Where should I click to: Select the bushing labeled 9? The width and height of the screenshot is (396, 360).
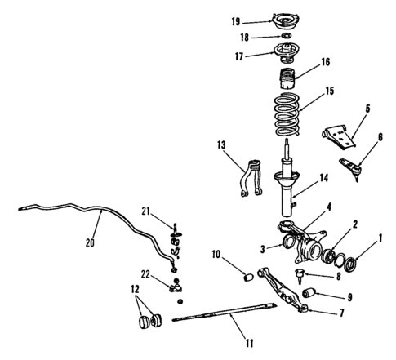click(x=310, y=291)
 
